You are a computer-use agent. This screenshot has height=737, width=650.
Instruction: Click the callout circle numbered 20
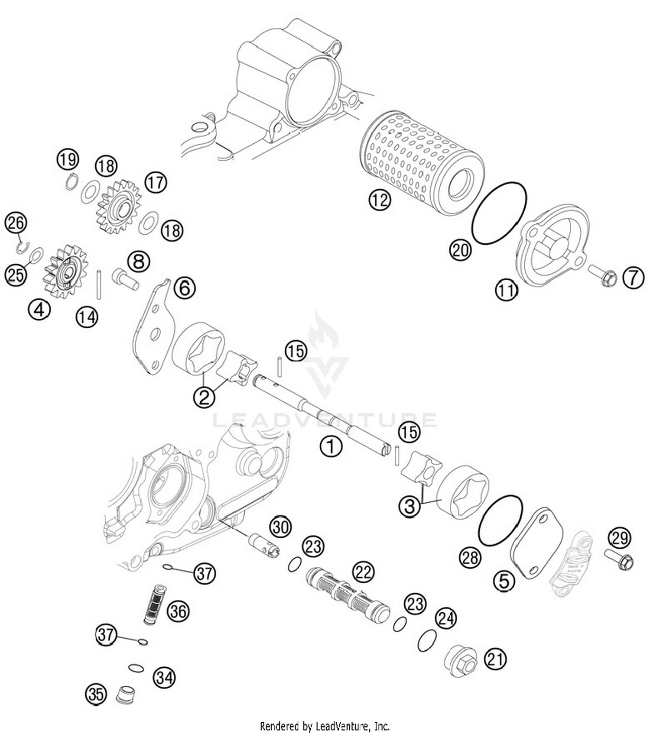pyautogui.click(x=460, y=250)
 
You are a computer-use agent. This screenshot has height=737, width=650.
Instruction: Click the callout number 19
pyautogui.click(x=68, y=160)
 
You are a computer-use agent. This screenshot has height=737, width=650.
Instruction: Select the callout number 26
pyautogui.click(x=16, y=223)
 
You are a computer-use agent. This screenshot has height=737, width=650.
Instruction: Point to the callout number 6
pyautogui.click(x=185, y=288)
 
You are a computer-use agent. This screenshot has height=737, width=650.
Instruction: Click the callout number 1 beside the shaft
pyautogui.click(x=331, y=446)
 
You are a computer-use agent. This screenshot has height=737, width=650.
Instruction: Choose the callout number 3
pyautogui.click(x=409, y=506)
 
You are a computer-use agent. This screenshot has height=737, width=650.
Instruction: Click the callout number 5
pyautogui.click(x=504, y=581)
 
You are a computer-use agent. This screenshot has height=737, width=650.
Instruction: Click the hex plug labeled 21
pyautogui.click(x=461, y=661)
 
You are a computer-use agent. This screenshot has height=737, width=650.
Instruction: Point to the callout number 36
pyautogui.click(x=178, y=611)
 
